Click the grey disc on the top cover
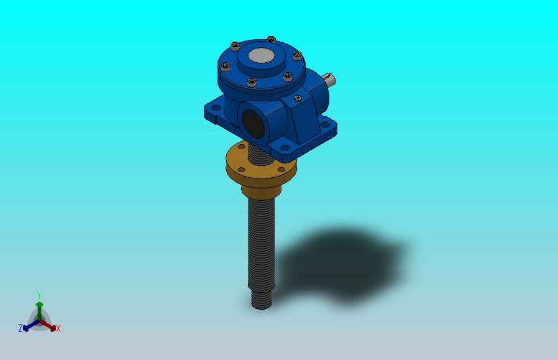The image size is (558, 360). pyautogui.click(x=261, y=55)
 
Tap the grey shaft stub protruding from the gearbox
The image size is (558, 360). pyautogui.click(x=329, y=79)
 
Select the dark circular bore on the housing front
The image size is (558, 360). pyautogui.click(x=253, y=124)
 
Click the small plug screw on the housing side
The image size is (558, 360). pyautogui.click(x=298, y=98)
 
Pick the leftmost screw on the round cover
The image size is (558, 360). pyautogui.click(x=226, y=66)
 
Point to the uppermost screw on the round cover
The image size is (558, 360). pyautogui.click(x=271, y=39)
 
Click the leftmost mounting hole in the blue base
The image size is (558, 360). pyautogui.click(x=216, y=108)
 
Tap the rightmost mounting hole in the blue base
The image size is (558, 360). pyautogui.click(x=325, y=124)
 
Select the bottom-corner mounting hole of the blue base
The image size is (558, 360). pyautogui.click(x=285, y=147)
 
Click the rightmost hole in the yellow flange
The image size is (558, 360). pyautogui.click(x=281, y=170)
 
